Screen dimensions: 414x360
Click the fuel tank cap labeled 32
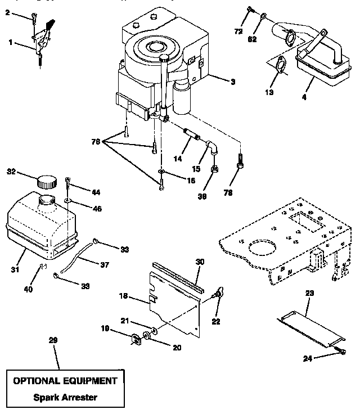pyautogui.click(x=47, y=182)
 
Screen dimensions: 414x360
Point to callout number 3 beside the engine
pyautogui.click(x=232, y=82)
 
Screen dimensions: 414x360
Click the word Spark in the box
pyautogui.click(x=47, y=397)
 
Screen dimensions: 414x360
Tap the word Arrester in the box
pyautogui.click(x=79, y=397)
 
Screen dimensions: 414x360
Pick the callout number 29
pyautogui.click(x=53, y=340)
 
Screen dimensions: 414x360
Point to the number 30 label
pyautogui.click(x=200, y=262)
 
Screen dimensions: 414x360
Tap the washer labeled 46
pyautogui.click(x=67, y=200)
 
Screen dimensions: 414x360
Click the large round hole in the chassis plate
pyautogui.click(x=262, y=249)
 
